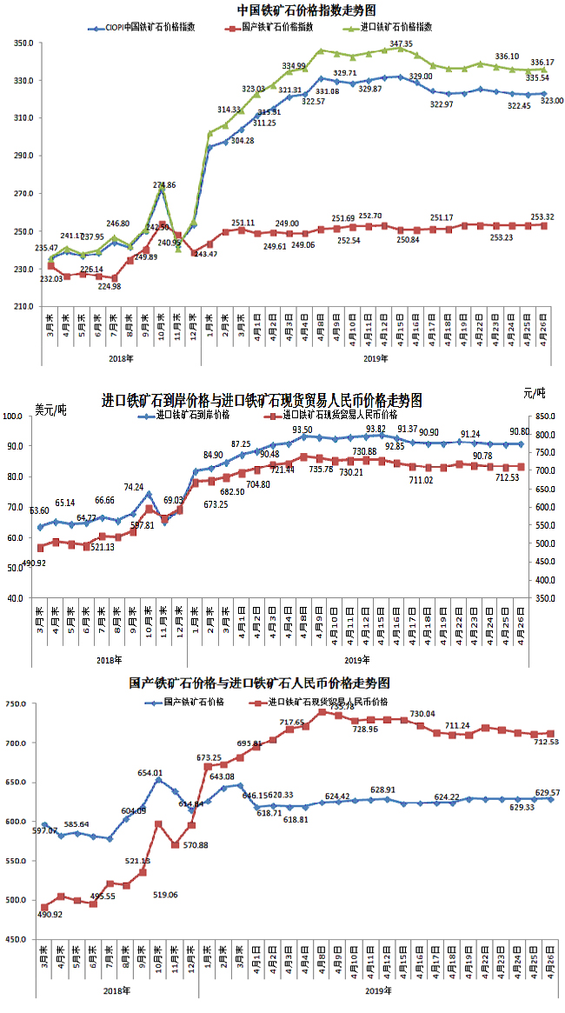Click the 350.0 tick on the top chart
point(23,43)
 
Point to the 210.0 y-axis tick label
point(23,307)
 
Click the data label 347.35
point(402,43)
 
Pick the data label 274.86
point(164,185)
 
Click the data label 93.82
point(376,429)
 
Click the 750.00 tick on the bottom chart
point(21,703)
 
